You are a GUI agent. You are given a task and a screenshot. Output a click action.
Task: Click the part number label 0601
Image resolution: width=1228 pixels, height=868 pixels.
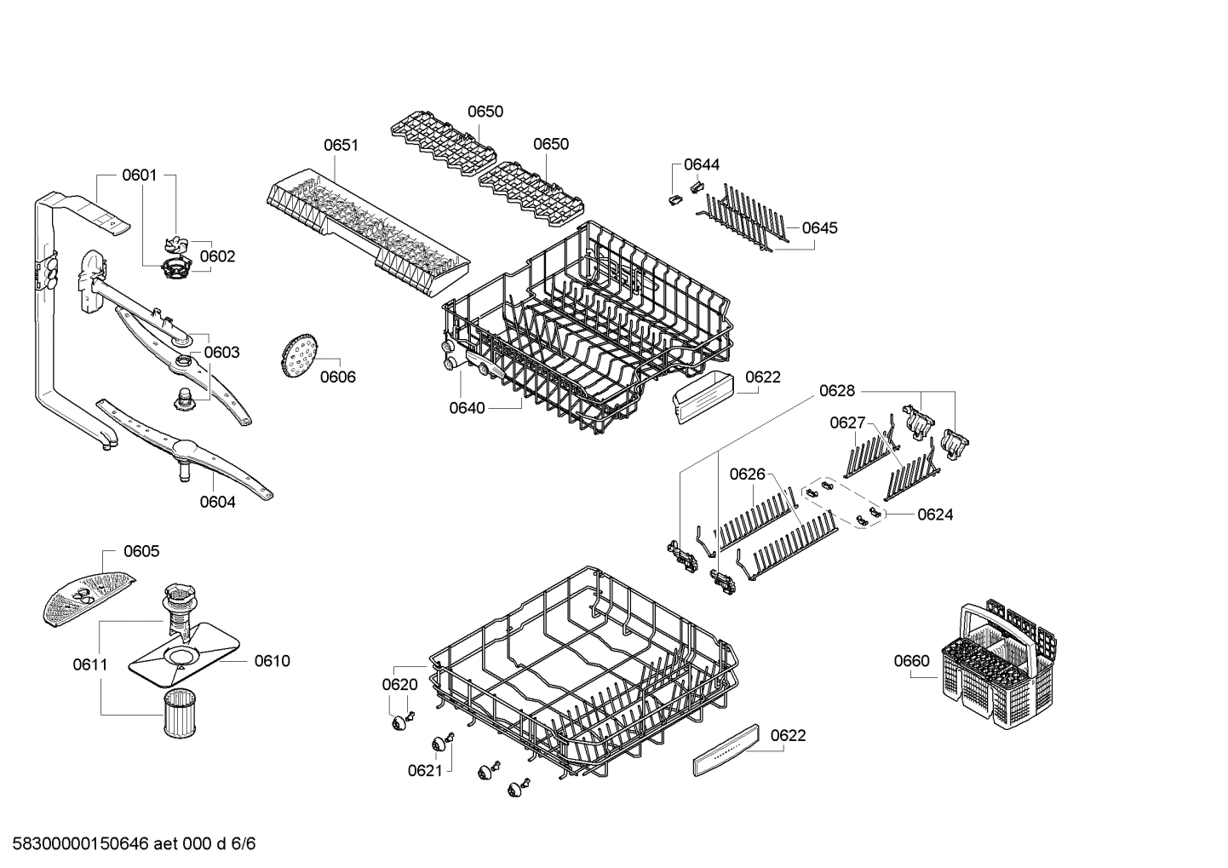[x=139, y=175]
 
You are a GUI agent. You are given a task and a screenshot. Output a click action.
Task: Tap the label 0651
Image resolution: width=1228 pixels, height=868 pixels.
[x=341, y=145]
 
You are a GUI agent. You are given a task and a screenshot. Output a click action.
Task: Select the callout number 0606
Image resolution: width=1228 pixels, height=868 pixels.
[x=337, y=377]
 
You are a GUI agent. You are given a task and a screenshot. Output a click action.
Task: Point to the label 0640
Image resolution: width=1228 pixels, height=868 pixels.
[x=467, y=408]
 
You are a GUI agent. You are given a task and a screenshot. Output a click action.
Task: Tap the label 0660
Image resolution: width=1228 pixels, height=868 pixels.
[x=911, y=660]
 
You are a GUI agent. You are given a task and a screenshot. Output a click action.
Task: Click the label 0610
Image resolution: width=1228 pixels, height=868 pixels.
[x=272, y=661]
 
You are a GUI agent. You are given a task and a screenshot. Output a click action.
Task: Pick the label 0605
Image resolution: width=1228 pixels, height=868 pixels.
[x=141, y=551]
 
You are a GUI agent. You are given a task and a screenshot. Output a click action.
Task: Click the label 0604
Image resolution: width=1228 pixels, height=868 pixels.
[x=217, y=502]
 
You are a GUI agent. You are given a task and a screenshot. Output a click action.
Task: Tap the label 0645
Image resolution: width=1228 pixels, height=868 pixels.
[x=819, y=227]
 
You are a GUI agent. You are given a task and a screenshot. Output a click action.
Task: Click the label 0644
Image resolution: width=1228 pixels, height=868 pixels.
[x=702, y=164]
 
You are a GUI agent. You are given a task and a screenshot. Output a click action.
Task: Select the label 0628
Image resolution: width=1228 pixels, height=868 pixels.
[x=836, y=391]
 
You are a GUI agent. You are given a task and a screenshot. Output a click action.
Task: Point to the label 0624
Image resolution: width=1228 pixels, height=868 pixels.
[x=935, y=514]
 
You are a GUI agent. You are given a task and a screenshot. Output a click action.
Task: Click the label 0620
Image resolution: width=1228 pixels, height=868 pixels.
[x=399, y=684]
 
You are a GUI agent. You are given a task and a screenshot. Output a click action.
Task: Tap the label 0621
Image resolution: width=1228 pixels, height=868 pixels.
[x=425, y=770]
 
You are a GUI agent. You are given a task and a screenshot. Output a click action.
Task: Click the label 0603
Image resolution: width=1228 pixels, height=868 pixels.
[x=221, y=352]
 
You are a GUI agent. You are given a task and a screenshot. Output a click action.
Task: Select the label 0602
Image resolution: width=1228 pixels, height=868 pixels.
[x=217, y=256]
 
